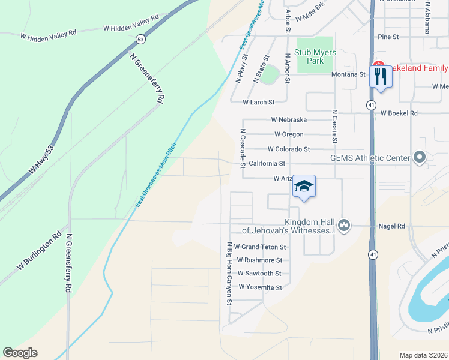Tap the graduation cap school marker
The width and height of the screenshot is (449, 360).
[304, 187]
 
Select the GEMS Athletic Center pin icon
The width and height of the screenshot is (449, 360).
[419, 158]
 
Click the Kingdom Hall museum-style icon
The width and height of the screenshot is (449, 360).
[344, 225]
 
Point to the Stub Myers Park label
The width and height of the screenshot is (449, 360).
[315, 56]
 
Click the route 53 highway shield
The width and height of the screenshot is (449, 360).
[140, 40]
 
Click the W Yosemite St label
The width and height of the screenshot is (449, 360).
[260, 287]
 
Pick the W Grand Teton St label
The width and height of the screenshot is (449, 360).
[260, 247]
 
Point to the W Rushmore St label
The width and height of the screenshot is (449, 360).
[259, 260]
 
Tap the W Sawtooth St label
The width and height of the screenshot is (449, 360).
[259, 274]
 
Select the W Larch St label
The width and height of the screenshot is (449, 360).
[258, 103]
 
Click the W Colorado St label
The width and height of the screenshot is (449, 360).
[289, 149]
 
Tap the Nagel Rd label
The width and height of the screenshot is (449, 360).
[392, 226]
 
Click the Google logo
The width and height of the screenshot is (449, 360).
[20, 353]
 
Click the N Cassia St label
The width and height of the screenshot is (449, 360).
[334, 126]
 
